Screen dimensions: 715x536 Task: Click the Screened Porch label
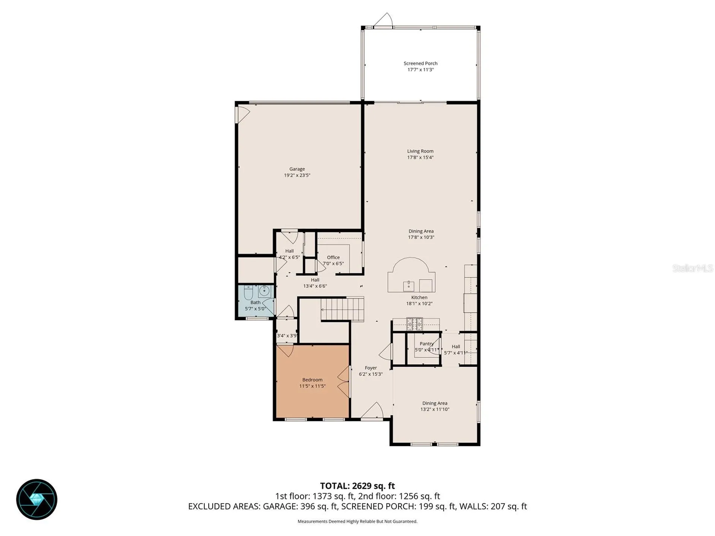coord(420,63)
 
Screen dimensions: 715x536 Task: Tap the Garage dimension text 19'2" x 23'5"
coord(297,175)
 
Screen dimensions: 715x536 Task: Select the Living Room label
coord(420,151)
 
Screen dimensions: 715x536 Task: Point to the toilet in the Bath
coord(249,293)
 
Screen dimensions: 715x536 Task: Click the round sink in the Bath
coord(264,291)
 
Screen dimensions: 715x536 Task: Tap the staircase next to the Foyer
coord(342,309)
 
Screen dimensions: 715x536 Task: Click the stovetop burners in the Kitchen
coord(414,324)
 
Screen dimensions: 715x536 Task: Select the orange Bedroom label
coord(312,380)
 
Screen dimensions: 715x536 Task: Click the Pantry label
coord(426,344)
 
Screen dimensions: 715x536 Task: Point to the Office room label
coord(333,257)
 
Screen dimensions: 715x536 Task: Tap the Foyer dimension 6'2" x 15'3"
coord(371,374)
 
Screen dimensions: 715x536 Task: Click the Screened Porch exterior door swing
coord(384,20)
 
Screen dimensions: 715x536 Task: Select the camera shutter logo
coord(36,499)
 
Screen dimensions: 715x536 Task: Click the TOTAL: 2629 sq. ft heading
coord(357,486)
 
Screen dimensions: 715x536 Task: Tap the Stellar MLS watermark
coord(693,268)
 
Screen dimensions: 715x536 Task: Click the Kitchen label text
coord(419,297)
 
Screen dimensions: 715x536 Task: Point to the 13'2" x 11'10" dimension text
coord(435,409)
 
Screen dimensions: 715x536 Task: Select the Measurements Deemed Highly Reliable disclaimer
coord(357,521)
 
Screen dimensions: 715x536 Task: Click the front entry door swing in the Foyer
coord(372,410)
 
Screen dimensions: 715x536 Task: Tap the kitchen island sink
coord(409,285)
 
